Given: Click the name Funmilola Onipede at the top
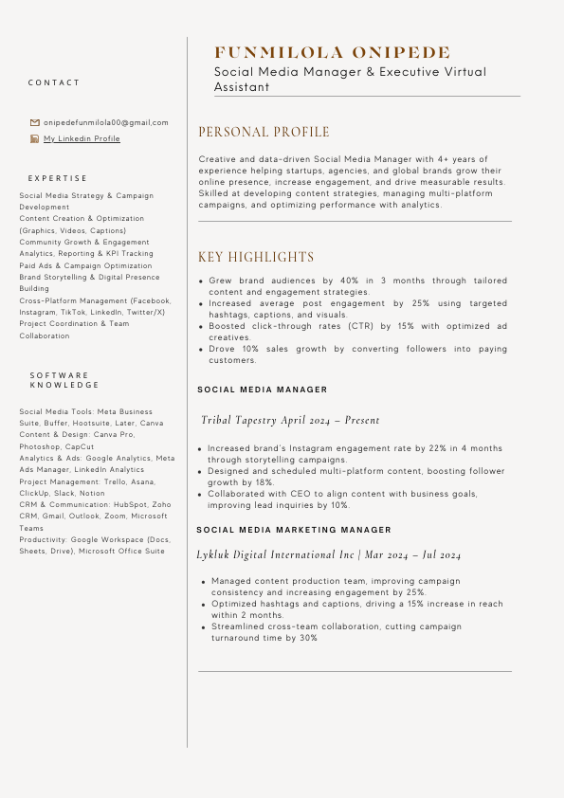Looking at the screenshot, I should [x=333, y=53].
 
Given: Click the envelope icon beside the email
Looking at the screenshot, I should [x=35, y=122].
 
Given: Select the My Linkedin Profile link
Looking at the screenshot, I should [x=82, y=139].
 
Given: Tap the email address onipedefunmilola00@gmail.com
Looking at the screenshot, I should [x=106, y=122].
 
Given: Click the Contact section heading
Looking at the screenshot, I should [x=54, y=83].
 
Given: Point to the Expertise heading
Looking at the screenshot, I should [x=58, y=178].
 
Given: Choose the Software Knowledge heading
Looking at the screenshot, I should [x=64, y=380].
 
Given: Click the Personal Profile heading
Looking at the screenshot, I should [x=264, y=133].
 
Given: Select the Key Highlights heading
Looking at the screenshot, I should [x=255, y=258].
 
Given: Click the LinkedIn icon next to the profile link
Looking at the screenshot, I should [x=35, y=139].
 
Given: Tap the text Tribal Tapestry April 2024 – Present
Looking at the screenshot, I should [x=290, y=420].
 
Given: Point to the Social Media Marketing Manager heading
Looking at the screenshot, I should [x=294, y=530].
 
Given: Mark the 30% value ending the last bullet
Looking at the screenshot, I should [x=308, y=639].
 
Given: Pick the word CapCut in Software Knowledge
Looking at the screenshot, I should [x=80, y=446].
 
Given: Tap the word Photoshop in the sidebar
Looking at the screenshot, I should [x=39, y=446].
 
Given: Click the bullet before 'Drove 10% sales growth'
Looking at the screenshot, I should [x=200, y=350].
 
